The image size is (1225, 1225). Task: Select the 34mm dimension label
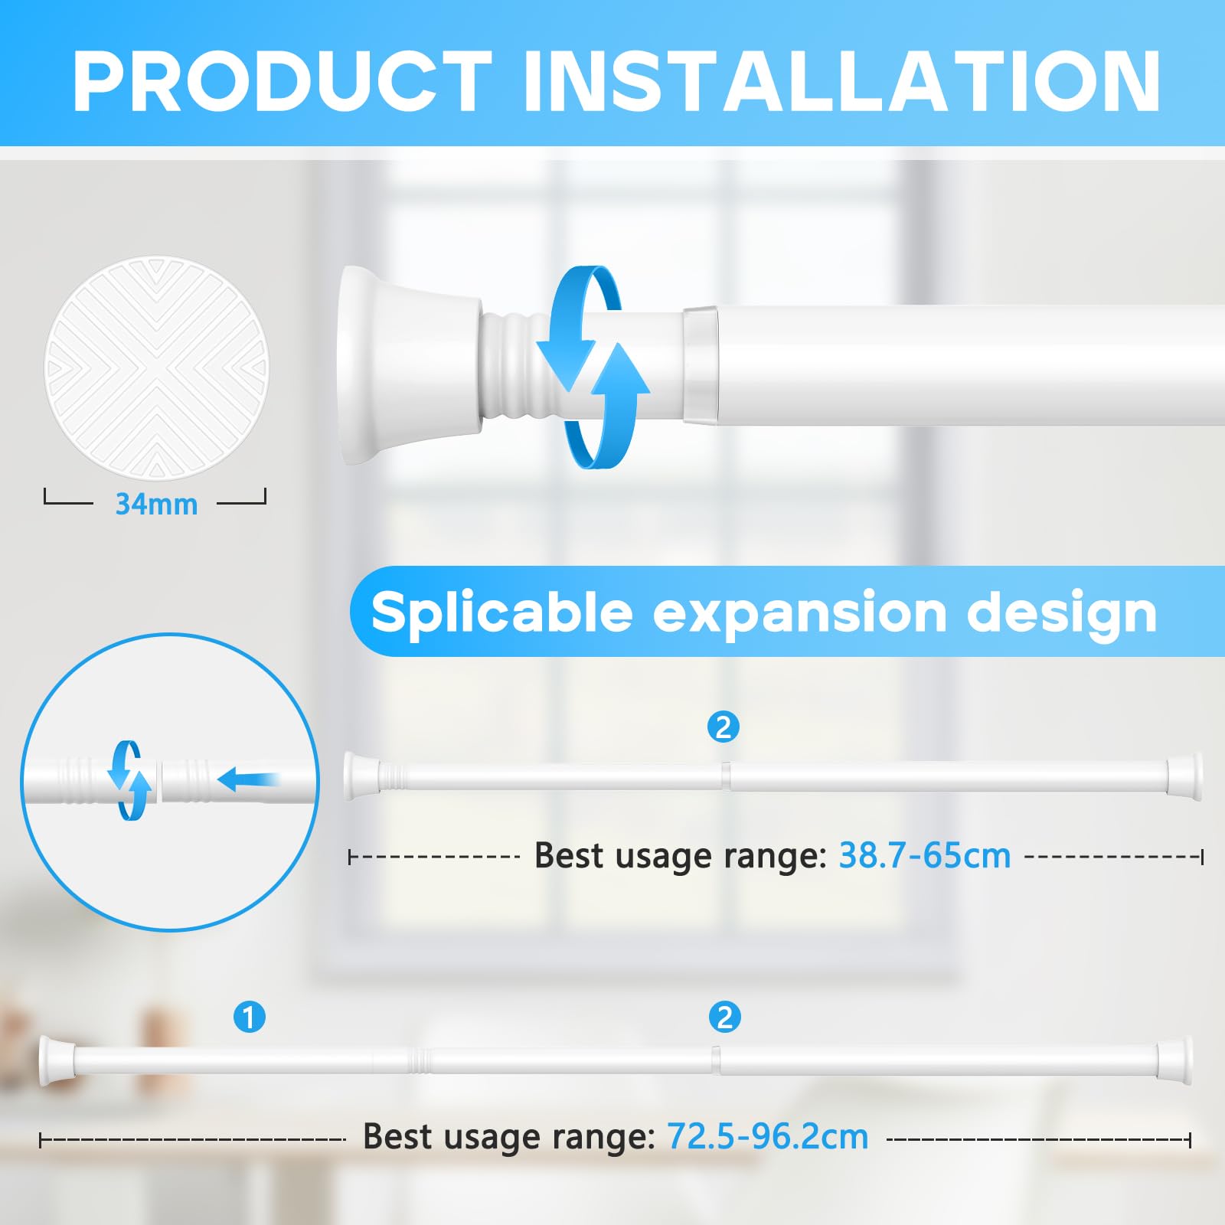[x=156, y=505]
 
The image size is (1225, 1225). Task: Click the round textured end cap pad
[x=156, y=368]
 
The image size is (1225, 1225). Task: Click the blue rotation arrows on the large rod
[x=593, y=367]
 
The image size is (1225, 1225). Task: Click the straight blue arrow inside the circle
[x=249, y=781]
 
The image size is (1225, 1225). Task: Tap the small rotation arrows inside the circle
[x=129, y=780]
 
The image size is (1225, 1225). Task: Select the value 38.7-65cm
[x=925, y=855]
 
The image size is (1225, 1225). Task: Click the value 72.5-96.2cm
[x=768, y=1136]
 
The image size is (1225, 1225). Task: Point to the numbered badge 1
[x=249, y=1018]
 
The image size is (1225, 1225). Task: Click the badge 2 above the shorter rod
[x=724, y=727]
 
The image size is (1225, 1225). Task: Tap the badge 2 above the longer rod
[x=724, y=1018]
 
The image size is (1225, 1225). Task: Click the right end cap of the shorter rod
[x=1184, y=777]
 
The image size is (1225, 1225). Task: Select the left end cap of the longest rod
[x=56, y=1060]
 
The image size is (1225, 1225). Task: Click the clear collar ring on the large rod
[x=701, y=365]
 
